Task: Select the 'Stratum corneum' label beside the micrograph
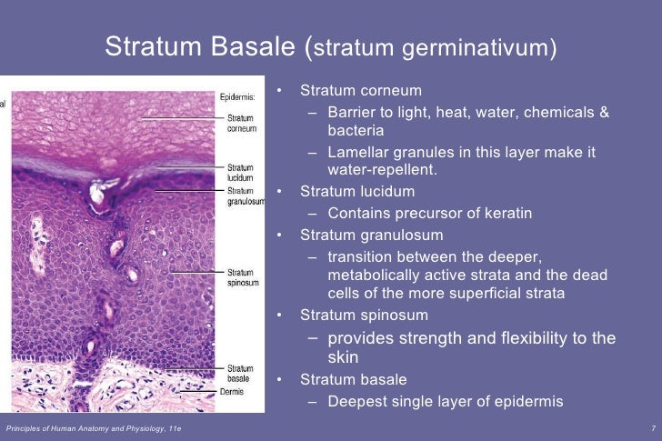(x=241, y=123)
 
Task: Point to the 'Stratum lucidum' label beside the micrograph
(x=240, y=173)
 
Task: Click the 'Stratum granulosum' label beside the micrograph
(x=246, y=196)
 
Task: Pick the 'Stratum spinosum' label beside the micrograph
(x=241, y=277)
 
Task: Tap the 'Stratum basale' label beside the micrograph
(x=240, y=374)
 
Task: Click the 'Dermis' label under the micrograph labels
(x=238, y=392)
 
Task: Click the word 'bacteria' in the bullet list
(x=357, y=130)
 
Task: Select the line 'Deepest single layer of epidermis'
(x=446, y=401)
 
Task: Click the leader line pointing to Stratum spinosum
(x=196, y=272)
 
